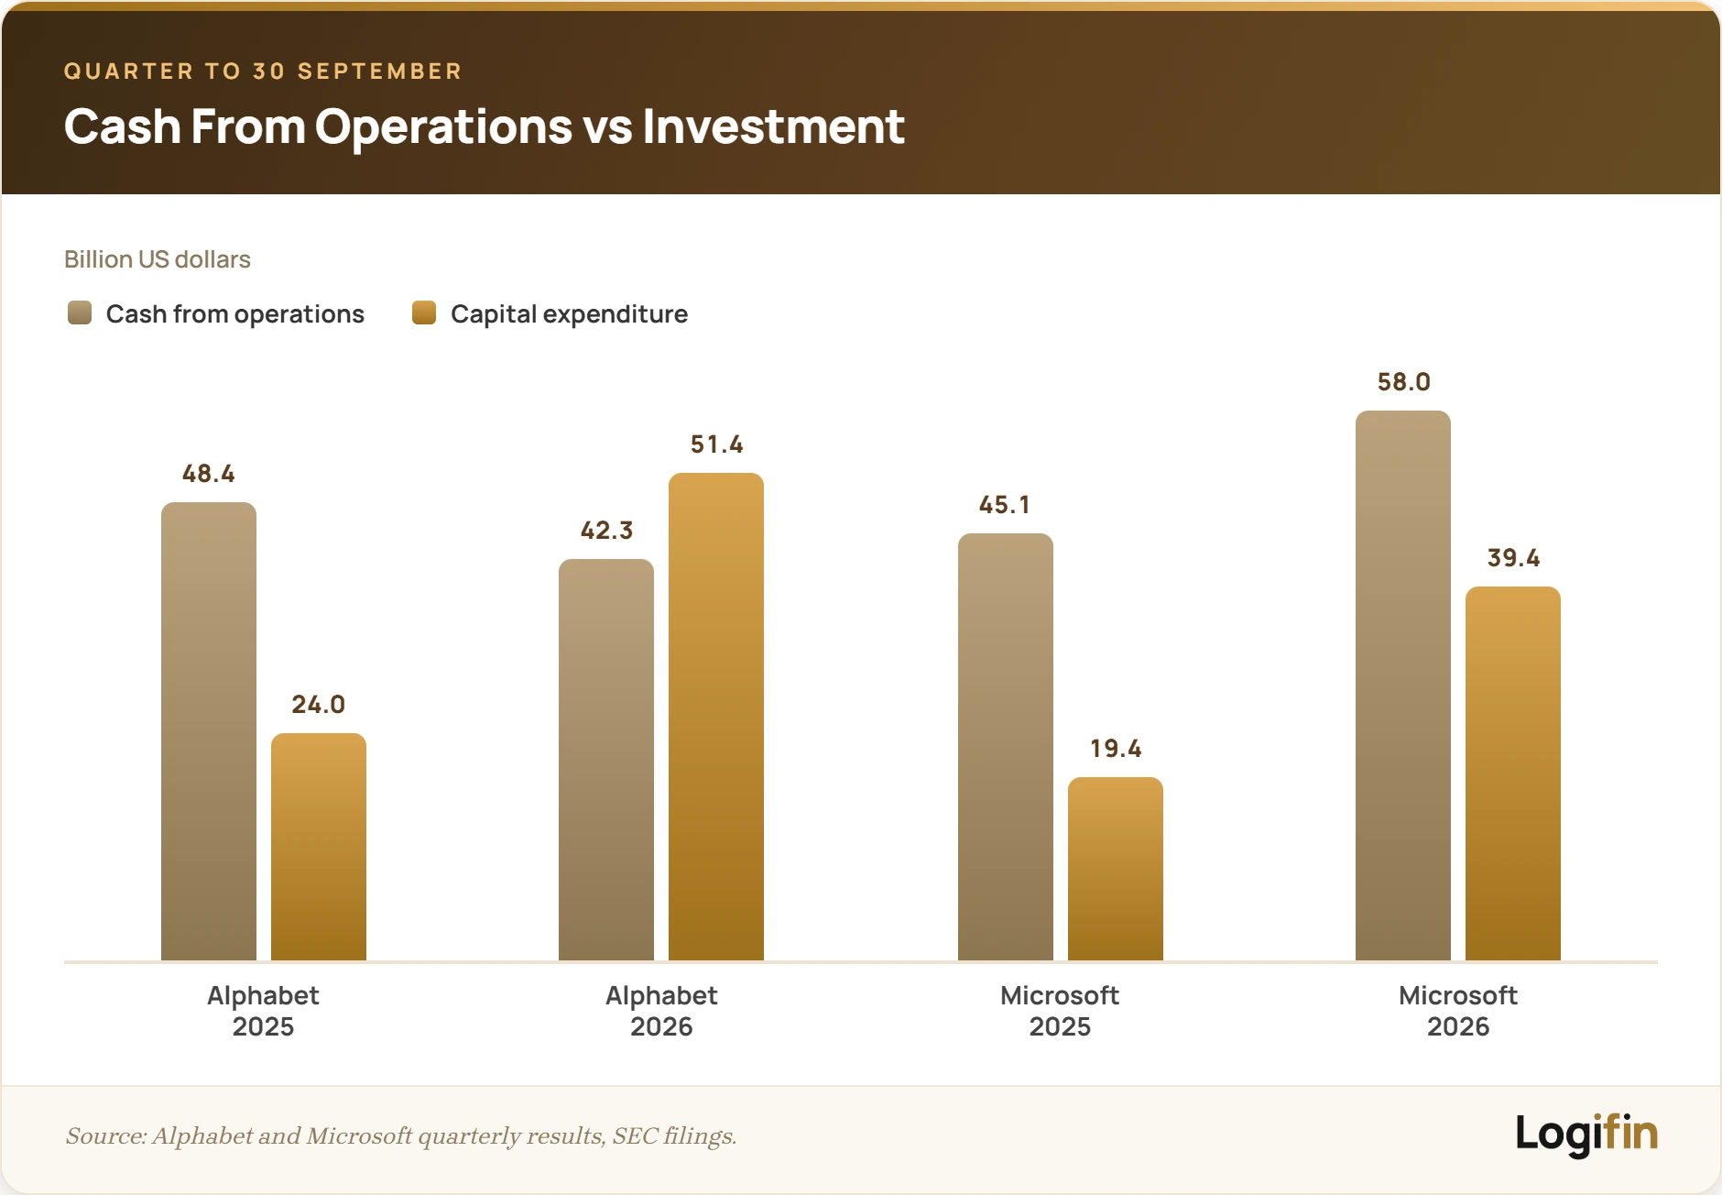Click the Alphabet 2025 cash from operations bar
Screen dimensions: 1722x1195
(209, 731)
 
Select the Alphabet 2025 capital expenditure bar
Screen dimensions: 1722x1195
(319, 847)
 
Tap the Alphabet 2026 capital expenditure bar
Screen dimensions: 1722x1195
(716, 717)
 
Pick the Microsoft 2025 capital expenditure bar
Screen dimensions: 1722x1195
(1116, 869)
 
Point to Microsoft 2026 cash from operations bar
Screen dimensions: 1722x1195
(1403, 685)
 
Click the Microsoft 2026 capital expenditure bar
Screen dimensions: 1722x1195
(1513, 773)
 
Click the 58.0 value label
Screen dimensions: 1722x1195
(1404, 382)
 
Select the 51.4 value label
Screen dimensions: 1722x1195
(717, 444)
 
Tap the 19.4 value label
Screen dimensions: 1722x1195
(1116, 749)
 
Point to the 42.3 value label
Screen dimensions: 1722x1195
(606, 531)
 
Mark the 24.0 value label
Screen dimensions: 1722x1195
(319, 705)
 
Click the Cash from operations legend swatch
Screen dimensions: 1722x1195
(80, 313)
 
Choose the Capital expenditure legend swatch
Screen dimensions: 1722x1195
(424, 313)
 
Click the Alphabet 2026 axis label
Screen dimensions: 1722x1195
(661, 1011)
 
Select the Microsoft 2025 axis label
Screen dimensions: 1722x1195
(1060, 1011)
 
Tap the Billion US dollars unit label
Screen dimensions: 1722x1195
(158, 259)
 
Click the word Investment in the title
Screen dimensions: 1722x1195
(773, 126)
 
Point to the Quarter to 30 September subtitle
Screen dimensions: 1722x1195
(263, 71)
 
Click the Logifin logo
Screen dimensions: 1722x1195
(1586, 1135)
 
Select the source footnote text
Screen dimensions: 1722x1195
(401, 1136)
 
